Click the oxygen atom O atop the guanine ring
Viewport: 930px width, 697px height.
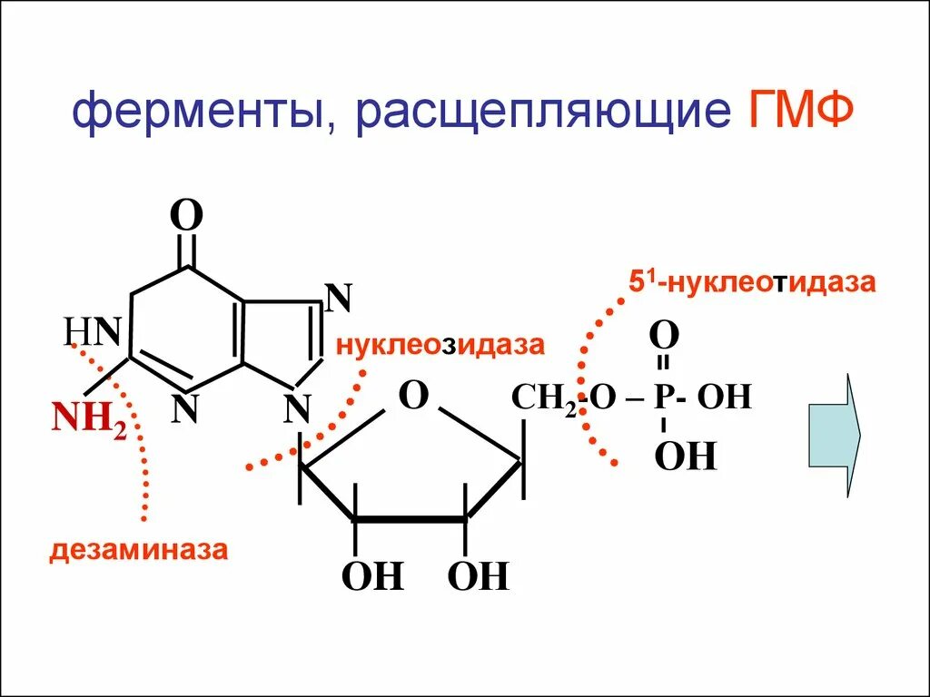point(187,217)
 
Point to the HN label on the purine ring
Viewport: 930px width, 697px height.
point(93,332)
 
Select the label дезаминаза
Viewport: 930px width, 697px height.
point(138,550)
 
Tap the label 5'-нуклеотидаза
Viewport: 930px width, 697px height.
point(753,282)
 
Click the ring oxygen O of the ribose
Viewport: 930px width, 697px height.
point(414,396)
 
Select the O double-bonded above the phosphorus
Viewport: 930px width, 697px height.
point(664,336)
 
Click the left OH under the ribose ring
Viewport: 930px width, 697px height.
point(371,576)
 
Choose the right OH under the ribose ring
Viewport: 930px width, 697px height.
point(479,576)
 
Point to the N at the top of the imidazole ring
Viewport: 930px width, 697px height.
point(338,297)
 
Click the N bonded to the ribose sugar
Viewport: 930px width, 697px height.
point(297,408)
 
